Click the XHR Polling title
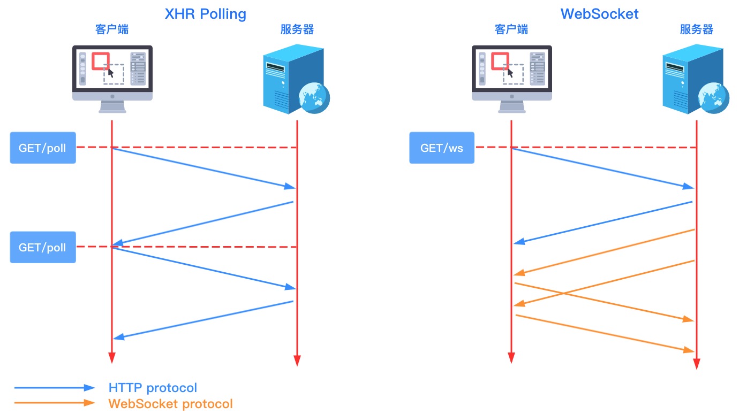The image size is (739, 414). [x=206, y=13]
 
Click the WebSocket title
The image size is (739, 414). [x=599, y=13]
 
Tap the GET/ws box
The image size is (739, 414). [x=442, y=148]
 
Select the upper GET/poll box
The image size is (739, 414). [x=43, y=148]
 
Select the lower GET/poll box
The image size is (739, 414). [x=43, y=247]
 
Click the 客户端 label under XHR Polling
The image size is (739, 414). [x=112, y=29]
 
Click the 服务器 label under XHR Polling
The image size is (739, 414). [x=297, y=29]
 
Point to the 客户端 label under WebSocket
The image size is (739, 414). [x=511, y=29]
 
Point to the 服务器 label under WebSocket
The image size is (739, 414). [x=697, y=29]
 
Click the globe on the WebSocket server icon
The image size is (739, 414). [x=714, y=98]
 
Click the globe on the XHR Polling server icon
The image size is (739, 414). [x=314, y=98]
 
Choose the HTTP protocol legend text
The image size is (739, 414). [x=153, y=388]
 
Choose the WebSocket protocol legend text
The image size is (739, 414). [x=170, y=403]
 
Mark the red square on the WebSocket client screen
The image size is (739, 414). [x=500, y=61]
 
